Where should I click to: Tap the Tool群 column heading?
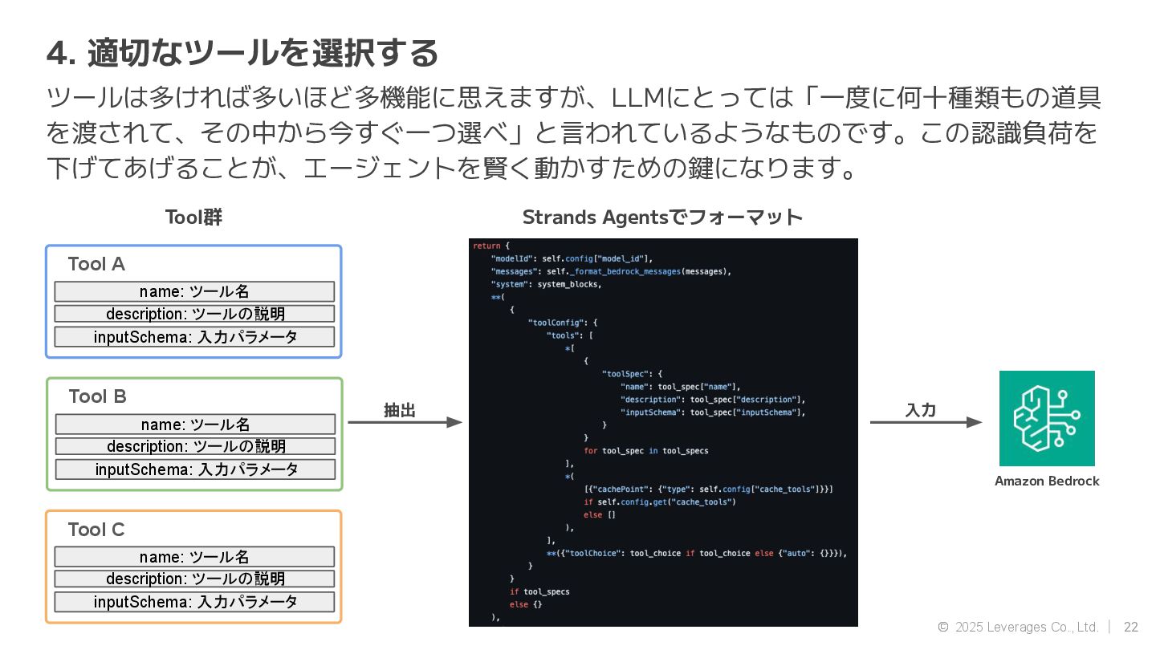point(193,217)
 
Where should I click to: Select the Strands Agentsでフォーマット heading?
point(662,217)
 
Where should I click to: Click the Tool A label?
point(96,264)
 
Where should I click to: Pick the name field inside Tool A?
point(194,291)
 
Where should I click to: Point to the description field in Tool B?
point(195,446)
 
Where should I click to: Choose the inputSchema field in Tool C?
point(194,602)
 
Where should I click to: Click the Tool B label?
point(97,396)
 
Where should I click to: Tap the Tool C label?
point(96,530)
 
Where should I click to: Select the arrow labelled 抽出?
point(405,422)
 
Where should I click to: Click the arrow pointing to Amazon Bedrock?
point(926,422)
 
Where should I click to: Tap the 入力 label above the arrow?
point(921,410)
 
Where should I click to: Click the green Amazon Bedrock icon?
point(1047,418)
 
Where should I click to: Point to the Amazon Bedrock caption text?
point(1047,481)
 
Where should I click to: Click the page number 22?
point(1131,627)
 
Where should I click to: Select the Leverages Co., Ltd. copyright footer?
point(1018,627)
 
